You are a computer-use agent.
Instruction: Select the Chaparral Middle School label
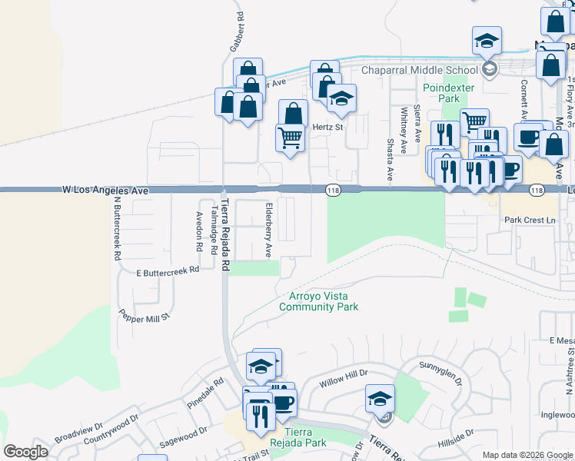click(420, 70)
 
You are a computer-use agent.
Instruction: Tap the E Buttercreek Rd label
click(168, 270)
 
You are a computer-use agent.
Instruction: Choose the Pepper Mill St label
click(144, 315)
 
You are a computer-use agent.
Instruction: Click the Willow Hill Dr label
click(344, 375)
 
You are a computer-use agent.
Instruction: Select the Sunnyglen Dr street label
click(439, 370)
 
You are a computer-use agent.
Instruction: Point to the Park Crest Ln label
click(530, 221)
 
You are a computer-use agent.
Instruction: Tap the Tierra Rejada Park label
click(297, 437)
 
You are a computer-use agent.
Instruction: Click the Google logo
click(26, 452)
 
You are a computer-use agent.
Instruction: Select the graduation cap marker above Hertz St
click(341, 98)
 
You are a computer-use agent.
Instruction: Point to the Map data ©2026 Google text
click(527, 455)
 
